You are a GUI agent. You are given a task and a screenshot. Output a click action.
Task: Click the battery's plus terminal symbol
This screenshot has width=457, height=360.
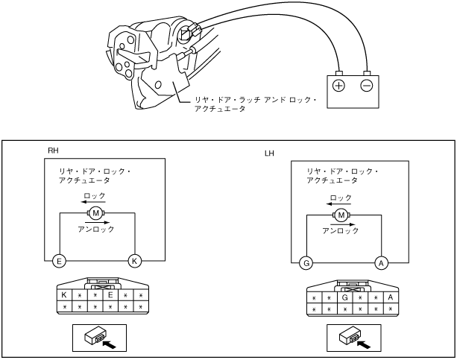339,85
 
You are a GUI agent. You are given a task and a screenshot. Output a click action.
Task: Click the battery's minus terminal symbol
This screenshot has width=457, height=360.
366,85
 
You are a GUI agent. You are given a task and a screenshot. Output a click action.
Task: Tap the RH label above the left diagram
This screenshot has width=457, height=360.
53,151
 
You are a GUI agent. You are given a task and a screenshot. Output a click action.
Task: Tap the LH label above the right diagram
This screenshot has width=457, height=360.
270,154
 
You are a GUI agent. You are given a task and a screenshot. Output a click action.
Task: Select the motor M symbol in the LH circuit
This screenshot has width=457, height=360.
341,215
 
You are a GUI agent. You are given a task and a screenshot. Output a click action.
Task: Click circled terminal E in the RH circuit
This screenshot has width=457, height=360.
59,261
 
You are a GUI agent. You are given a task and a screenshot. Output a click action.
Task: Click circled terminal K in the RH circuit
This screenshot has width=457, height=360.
134,261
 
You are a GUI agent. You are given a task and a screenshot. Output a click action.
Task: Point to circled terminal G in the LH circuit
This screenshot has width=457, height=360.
305,262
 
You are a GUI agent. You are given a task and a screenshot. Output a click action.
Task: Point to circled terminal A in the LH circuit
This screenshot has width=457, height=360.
380,262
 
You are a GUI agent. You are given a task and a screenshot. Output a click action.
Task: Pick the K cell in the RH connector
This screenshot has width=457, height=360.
64,295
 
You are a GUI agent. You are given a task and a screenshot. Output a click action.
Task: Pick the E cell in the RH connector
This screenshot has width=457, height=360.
110,295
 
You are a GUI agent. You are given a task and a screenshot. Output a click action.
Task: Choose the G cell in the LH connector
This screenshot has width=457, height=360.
344,297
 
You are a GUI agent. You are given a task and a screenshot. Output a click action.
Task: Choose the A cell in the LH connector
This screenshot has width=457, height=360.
390,297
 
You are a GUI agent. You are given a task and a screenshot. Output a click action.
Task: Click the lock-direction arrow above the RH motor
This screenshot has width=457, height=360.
93,202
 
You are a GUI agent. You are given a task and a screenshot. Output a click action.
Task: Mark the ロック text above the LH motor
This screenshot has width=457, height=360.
341,198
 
